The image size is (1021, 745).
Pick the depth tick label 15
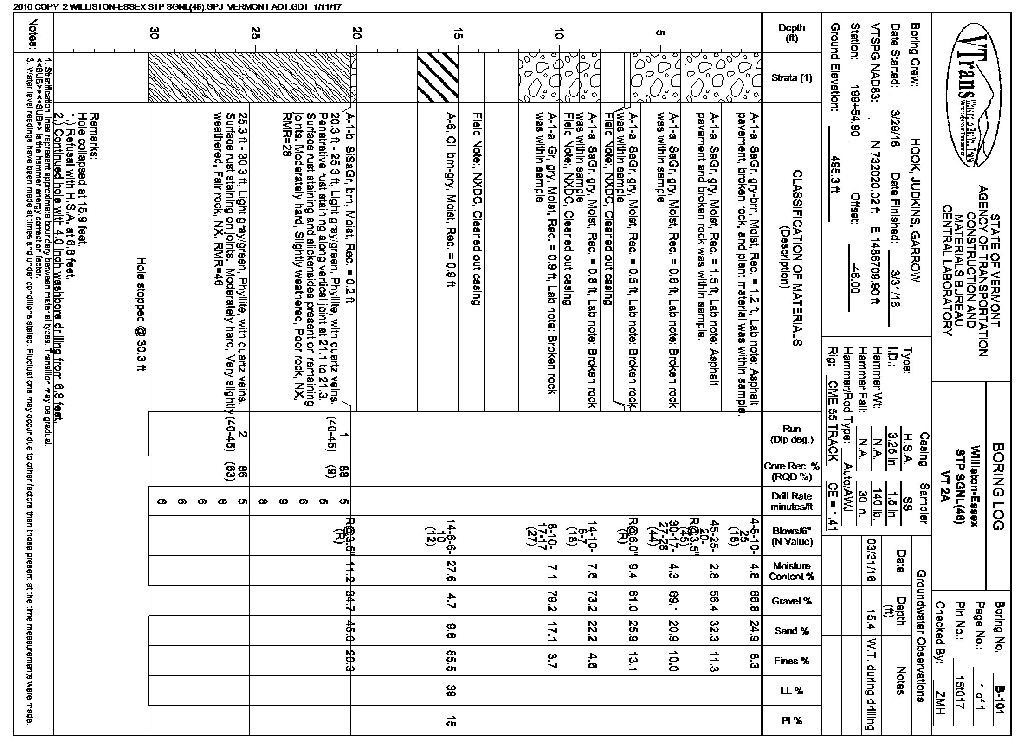pyautogui.click(x=458, y=33)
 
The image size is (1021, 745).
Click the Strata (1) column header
pyautogui.click(x=792, y=77)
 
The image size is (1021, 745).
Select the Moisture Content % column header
pyautogui.click(x=792, y=571)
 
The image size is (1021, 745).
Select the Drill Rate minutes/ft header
pyautogui.click(x=792, y=501)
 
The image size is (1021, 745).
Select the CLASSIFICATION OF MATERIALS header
pyautogui.click(x=792, y=258)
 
